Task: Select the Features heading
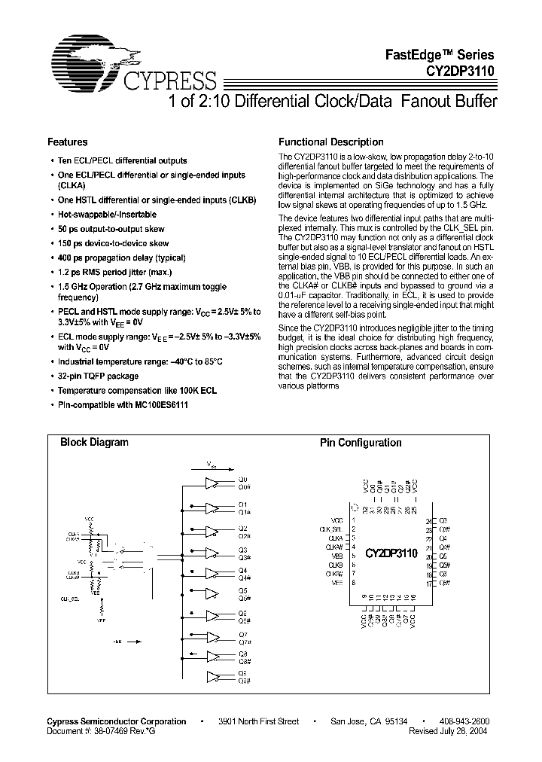click(68, 142)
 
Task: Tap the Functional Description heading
click(331, 142)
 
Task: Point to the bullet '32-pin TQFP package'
click(99, 376)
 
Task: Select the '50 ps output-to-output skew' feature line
click(111, 229)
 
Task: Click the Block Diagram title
click(94, 443)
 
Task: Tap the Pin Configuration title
click(361, 443)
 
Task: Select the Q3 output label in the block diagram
click(242, 550)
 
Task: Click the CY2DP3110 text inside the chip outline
click(391, 553)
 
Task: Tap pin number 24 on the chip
click(430, 520)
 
